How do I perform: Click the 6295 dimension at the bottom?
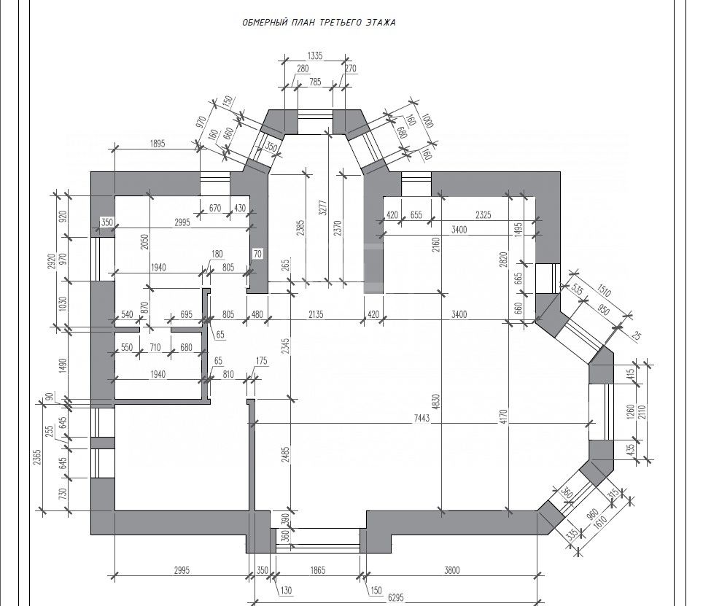click(396, 598)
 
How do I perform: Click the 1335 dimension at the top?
click(314, 55)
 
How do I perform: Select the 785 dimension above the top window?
click(315, 82)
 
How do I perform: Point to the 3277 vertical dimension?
click(322, 208)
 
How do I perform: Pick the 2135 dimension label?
click(315, 315)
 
